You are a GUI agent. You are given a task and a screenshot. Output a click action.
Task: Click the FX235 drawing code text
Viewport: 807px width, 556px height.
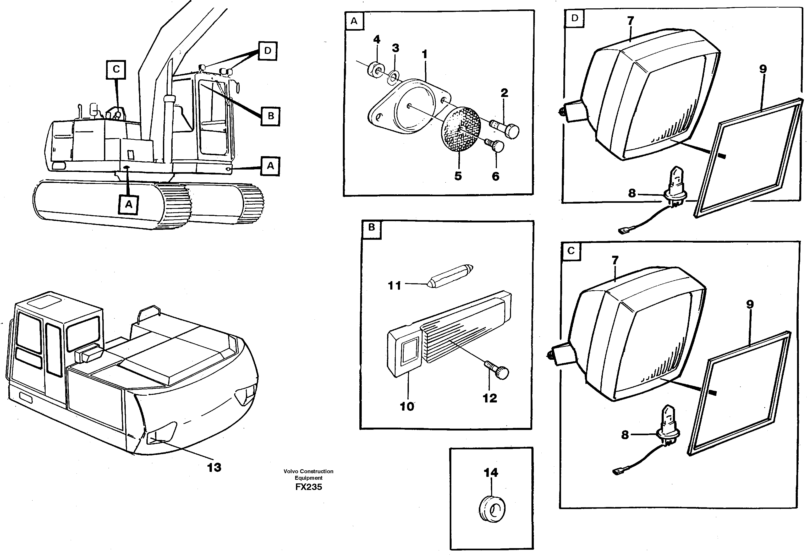(x=309, y=487)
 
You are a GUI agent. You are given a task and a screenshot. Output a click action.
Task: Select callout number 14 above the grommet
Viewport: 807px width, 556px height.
(x=491, y=473)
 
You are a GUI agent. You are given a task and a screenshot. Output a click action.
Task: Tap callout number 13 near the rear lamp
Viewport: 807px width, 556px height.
(x=214, y=467)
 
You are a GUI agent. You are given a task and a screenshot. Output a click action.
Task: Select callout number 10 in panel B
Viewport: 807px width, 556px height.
(x=407, y=406)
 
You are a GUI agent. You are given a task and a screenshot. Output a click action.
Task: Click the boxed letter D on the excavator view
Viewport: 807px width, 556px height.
(x=267, y=51)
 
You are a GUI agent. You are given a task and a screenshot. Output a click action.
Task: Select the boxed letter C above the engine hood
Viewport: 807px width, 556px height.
(x=116, y=69)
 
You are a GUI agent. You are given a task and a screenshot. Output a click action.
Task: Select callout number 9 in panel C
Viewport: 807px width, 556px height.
(x=750, y=304)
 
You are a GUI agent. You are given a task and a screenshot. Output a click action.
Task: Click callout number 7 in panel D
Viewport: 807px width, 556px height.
(x=630, y=21)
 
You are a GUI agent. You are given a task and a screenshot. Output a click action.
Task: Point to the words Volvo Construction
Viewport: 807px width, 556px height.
(x=309, y=471)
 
